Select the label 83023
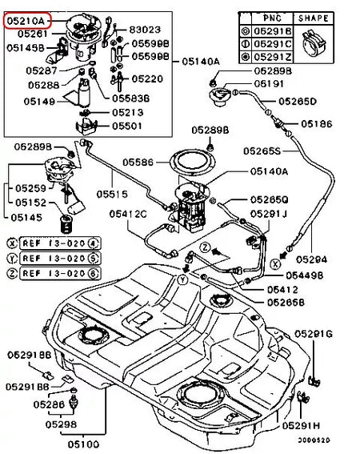[146, 29]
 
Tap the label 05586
[138, 162]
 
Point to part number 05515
[113, 194]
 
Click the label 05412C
[130, 214]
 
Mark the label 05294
[311, 259]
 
